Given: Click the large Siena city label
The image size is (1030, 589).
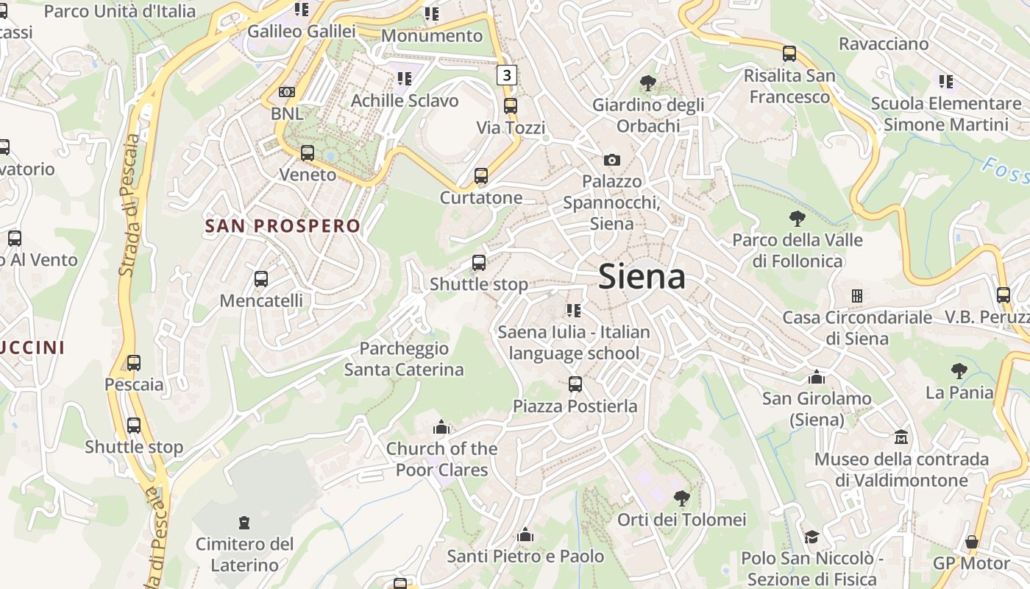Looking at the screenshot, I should click(x=642, y=277).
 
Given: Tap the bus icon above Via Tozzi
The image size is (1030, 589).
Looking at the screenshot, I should click(x=511, y=105).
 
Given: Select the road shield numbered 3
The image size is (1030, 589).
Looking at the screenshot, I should click(x=506, y=74).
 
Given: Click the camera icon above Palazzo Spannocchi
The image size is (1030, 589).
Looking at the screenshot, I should click(x=611, y=160).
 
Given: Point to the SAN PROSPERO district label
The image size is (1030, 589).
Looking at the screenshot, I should click(x=283, y=226).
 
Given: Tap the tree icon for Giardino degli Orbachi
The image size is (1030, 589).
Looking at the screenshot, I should click(x=648, y=82).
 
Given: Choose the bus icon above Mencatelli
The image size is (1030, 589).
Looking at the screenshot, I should click(x=261, y=279).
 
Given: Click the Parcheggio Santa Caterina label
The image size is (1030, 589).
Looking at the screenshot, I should click(x=404, y=359).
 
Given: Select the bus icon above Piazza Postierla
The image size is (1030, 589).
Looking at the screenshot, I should click(x=575, y=384).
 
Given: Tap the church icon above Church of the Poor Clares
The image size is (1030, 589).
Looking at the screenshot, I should click(x=441, y=427).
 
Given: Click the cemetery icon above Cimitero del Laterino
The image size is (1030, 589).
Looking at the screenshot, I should click(x=244, y=523).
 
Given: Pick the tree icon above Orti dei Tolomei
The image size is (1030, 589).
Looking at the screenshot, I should click(x=682, y=498).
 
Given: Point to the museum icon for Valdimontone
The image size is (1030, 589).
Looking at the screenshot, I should click(x=901, y=438).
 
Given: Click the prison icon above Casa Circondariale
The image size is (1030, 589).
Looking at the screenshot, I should click(x=856, y=296).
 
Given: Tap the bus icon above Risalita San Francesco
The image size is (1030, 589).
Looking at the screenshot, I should click(x=789, y=54).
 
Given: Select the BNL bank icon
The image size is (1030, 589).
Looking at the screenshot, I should click(x=287, y=92).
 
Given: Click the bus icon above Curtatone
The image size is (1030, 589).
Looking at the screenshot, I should click(x=481, y=176).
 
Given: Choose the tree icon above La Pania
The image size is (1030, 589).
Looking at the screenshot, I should click(x=959, y=370).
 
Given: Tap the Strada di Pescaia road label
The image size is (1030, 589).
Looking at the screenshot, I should click(x=129, y=205).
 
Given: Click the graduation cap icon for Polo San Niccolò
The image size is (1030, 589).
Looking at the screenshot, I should click(x=811, y=537).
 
